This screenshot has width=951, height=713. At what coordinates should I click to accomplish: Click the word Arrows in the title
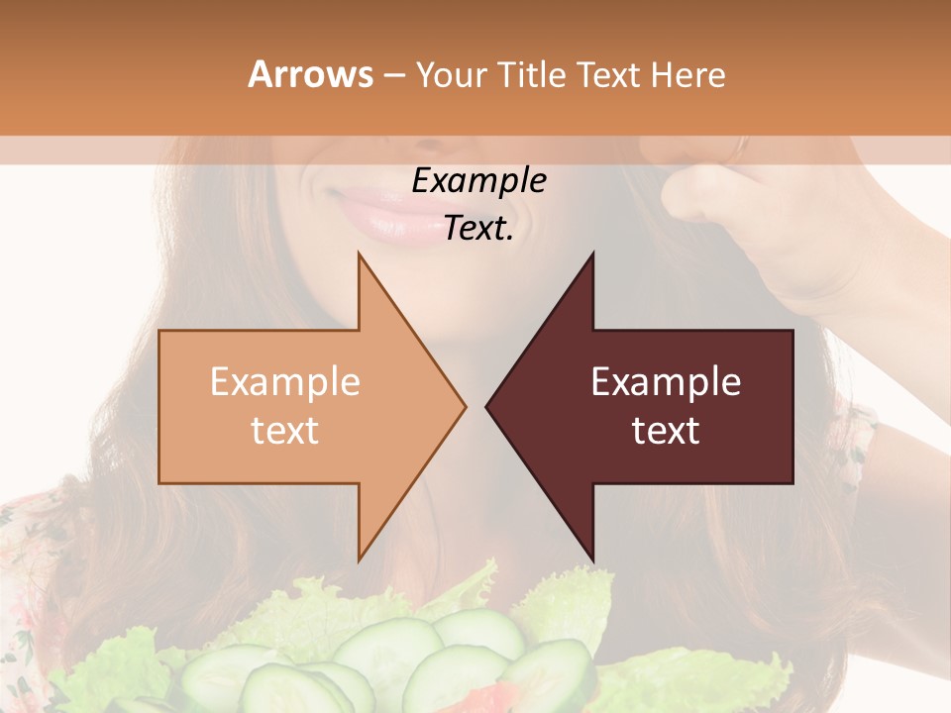click(x=311, y=75)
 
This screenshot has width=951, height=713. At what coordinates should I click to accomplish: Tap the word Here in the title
click(x=688, y=75)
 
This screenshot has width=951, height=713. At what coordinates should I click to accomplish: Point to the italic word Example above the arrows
click(x=478, y=181)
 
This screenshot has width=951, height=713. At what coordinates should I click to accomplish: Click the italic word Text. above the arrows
click(x=478, y=229)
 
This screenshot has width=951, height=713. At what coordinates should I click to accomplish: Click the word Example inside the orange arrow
click(x=285, y=382)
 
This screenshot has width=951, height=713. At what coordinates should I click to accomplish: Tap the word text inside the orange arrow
click(x=285, y=431)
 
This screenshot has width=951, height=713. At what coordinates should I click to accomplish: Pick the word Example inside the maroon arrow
click(x=666, y=382)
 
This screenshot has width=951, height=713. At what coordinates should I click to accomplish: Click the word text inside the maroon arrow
click(x=666, y=431)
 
